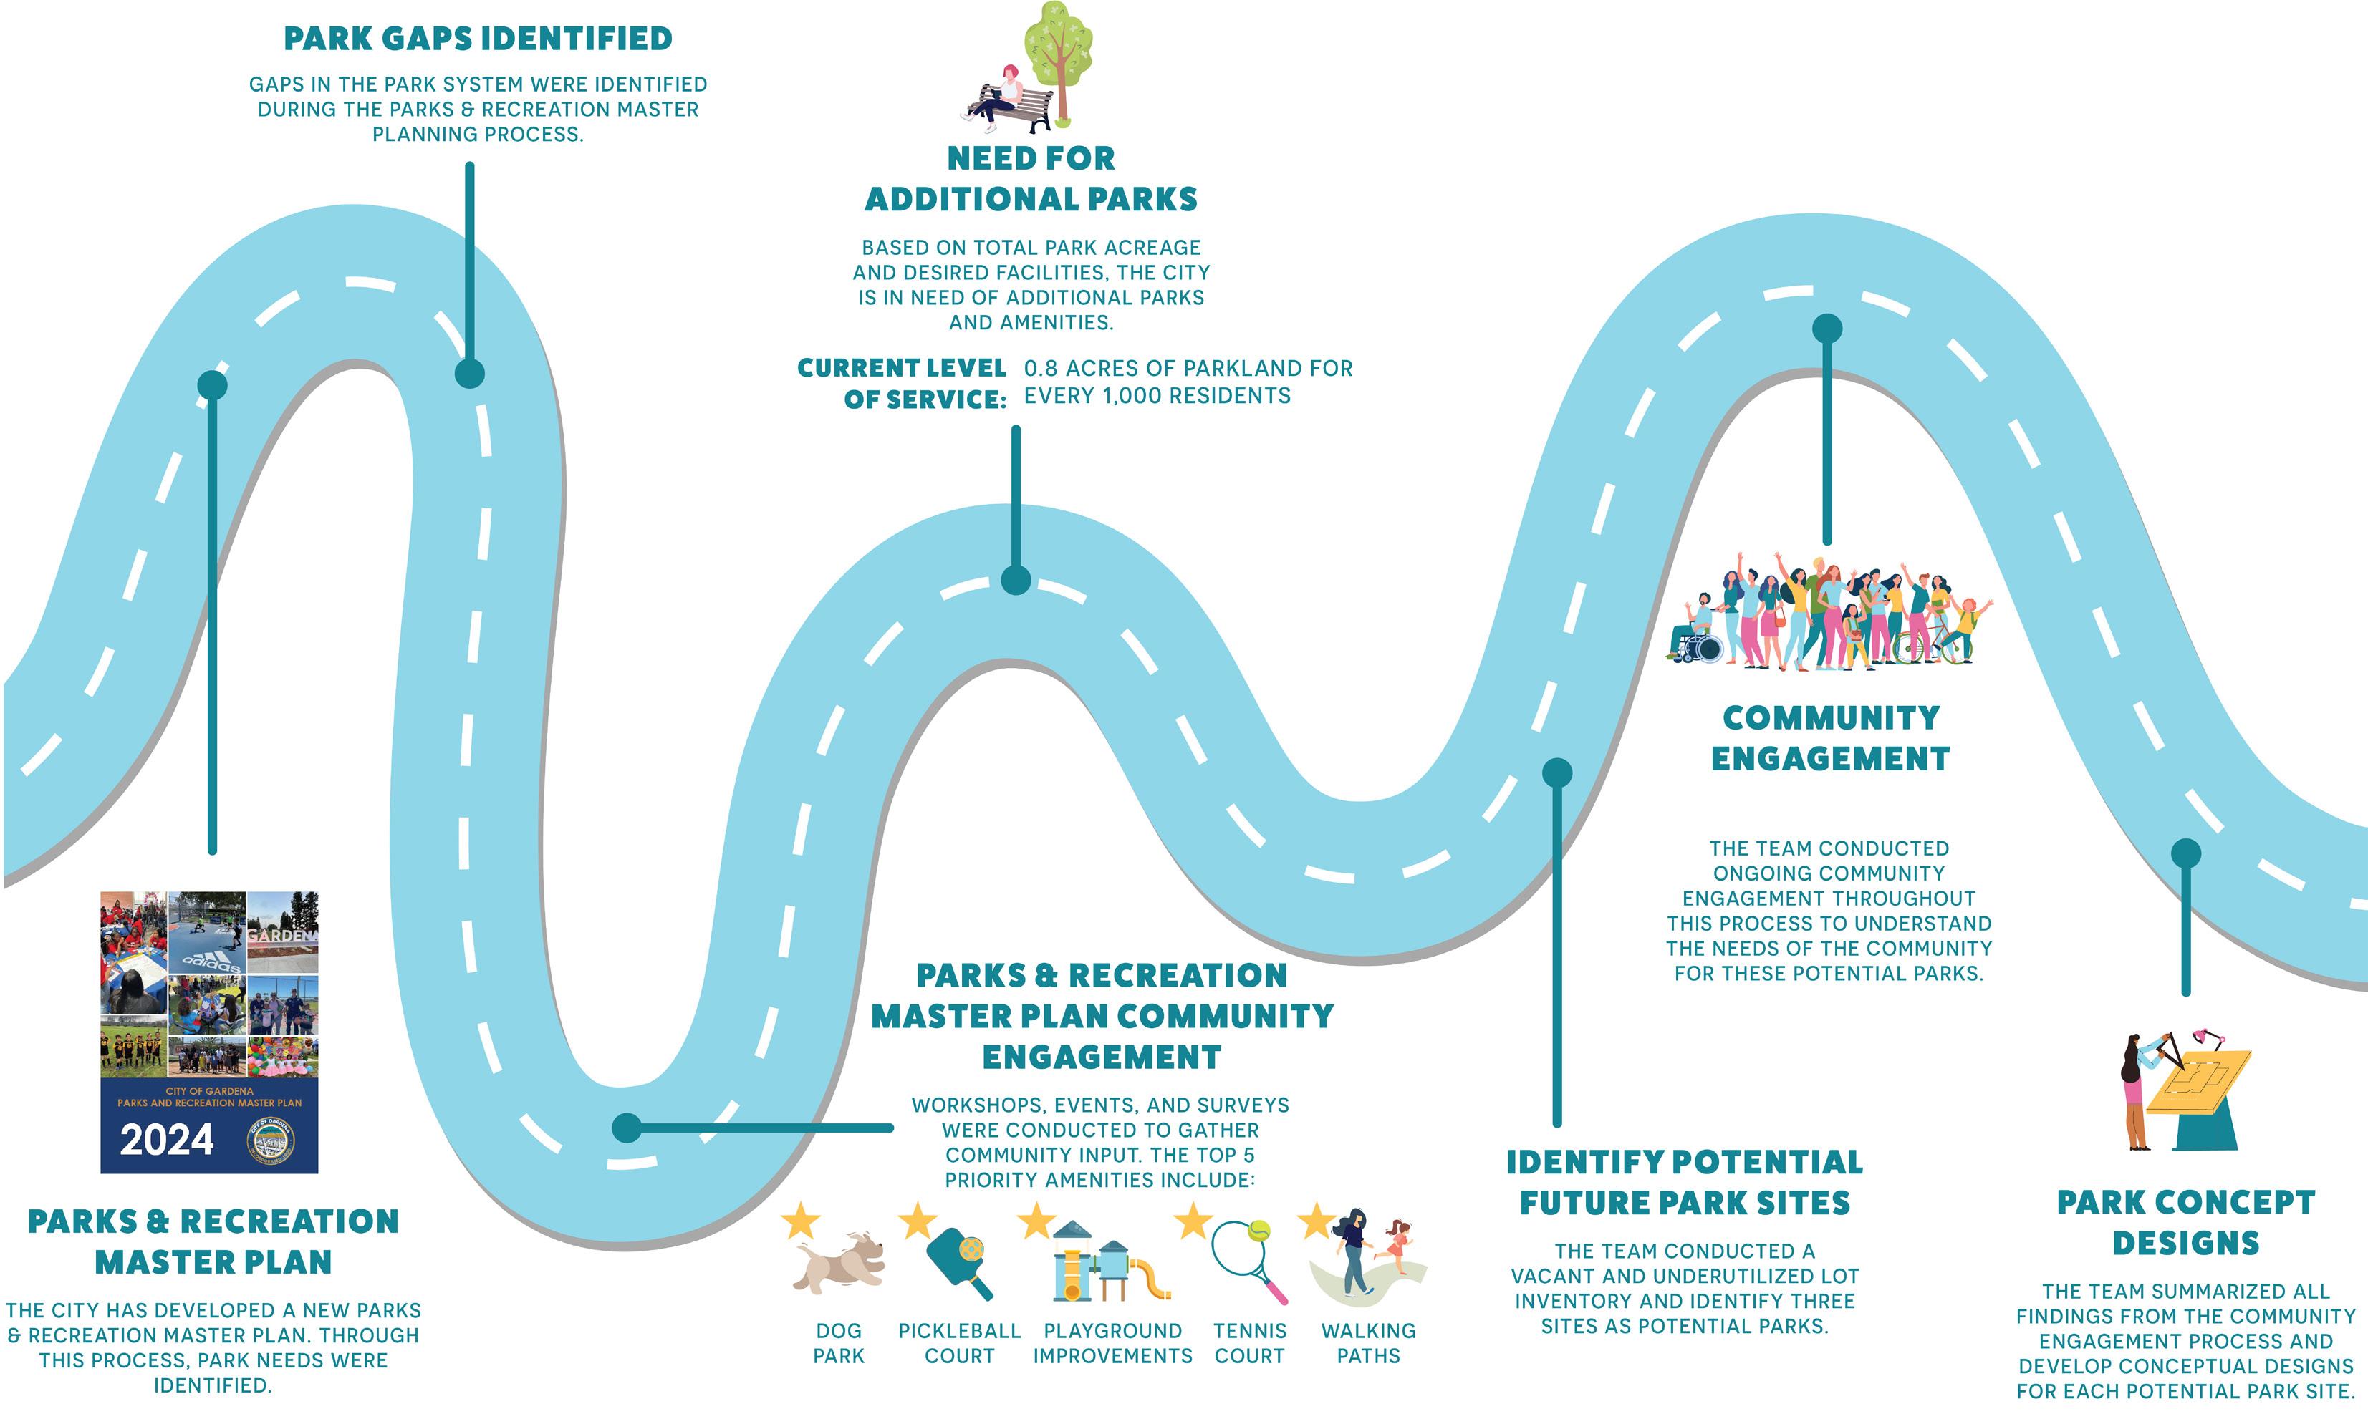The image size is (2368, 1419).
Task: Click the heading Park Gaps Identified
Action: (x=478, y=39)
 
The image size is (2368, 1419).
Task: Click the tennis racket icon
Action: (x=1248, y=1260)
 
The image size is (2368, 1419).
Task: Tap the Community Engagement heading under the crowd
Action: (x=1829, y=738)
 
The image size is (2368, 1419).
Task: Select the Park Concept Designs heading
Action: (x=2185, y=1222)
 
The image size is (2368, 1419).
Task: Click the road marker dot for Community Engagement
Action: (x=1826, y=329)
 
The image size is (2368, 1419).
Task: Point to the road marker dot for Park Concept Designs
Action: (x=2185, y=853)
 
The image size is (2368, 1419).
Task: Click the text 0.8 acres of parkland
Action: (x=1188, y=368)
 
